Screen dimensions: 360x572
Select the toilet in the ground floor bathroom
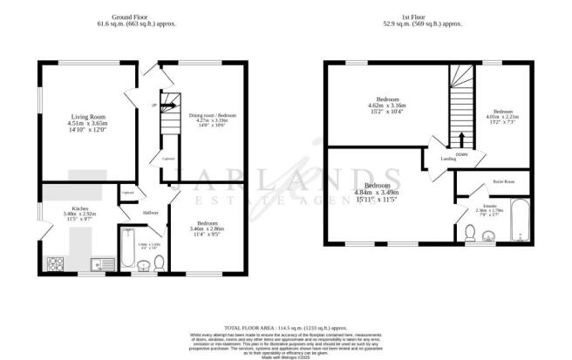(157, 265)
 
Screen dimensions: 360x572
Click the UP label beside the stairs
(155, 105)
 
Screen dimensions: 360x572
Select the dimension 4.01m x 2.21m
(504, 118)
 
